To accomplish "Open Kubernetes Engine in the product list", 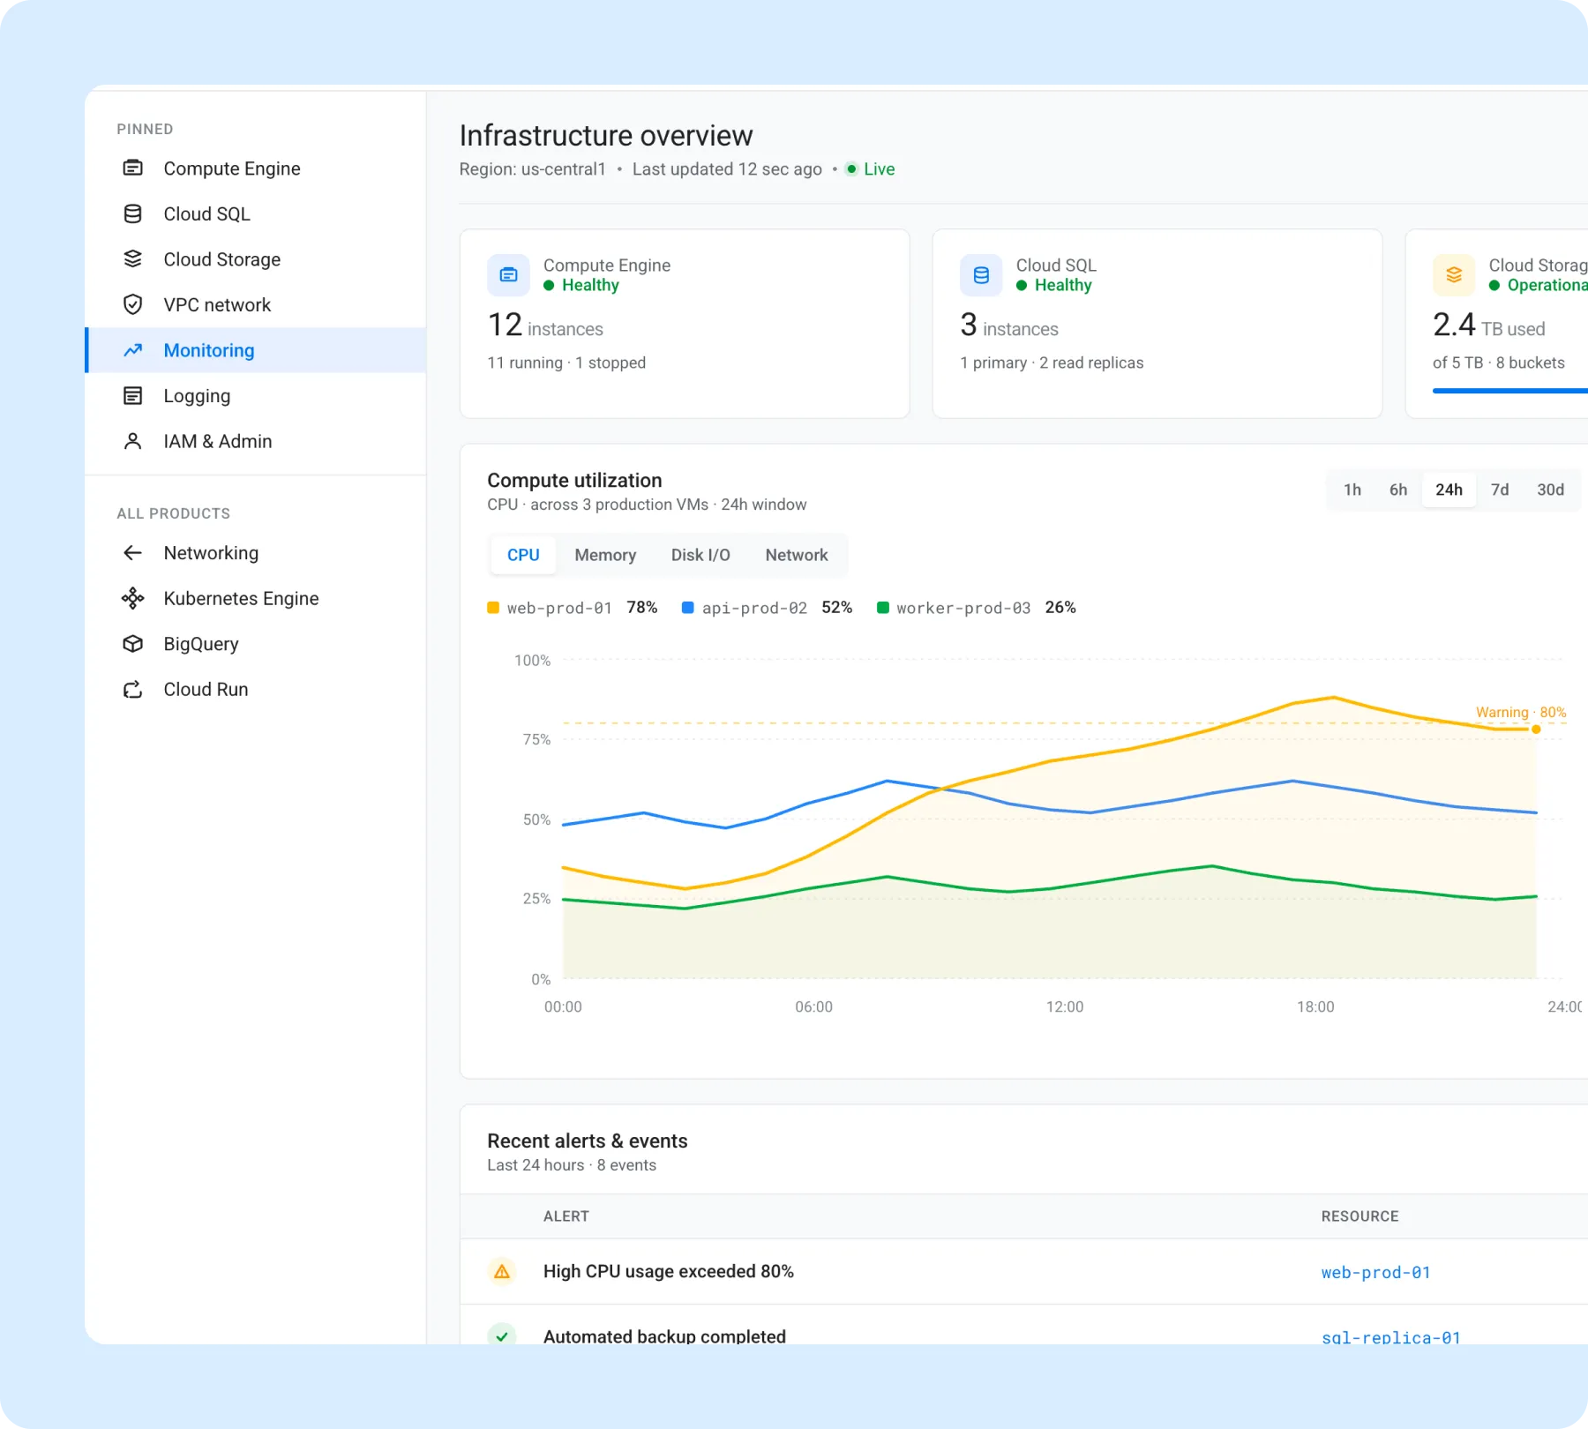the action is click(x=241, y=598).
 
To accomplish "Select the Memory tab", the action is click(x=605, y=555).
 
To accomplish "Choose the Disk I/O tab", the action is click(x=700, y=555).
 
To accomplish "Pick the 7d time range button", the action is click(x=1500, y=490).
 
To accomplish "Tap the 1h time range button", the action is click(x=1352, y=490).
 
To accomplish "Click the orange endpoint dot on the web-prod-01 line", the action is click(x=1536, y=729).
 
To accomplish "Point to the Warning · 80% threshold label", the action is click(x=1521, y=712).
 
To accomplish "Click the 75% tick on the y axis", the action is click(x=536, y=739).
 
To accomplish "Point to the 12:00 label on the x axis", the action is click(x=1065, y=1006).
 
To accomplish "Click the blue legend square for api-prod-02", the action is click(x=688, y=608).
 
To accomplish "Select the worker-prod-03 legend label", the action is click(x=963, y=608).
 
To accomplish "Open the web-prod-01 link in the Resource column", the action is click(x=1375, y=1272).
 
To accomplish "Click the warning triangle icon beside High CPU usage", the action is click(x=502, y=1271).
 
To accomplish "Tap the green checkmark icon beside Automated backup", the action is click(x=502, y=1335).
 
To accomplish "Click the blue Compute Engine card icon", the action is click(x=509, y=275).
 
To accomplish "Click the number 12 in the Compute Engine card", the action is click(x=505, y=325).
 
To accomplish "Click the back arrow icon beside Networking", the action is click(x=132, y=553).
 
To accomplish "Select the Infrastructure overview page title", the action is click(x=606, y=136).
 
